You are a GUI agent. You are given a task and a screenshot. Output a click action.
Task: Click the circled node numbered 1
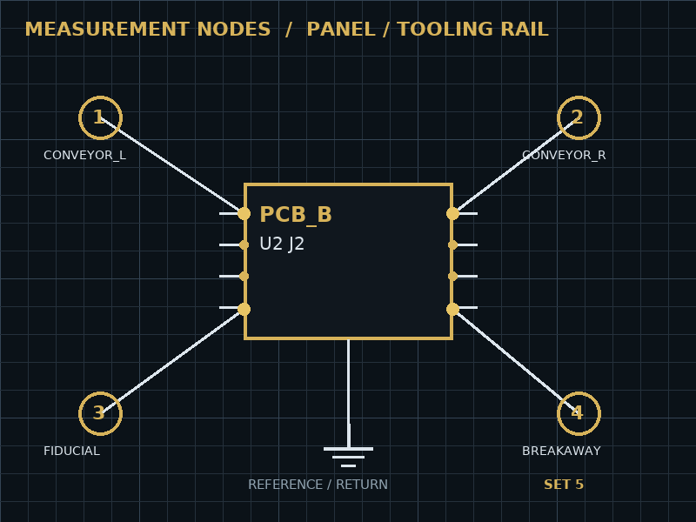pos(100,117)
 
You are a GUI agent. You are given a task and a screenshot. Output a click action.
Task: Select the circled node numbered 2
pos(579,117)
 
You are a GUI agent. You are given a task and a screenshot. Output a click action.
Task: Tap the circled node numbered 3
pos(100,414)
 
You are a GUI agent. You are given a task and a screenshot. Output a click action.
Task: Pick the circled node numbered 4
pos(579,414)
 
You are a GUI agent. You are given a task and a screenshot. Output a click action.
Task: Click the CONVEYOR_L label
pos(84,156)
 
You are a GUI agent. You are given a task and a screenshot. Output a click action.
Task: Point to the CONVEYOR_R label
pos(564,156)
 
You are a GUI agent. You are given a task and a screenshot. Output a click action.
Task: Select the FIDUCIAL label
pos(71,451)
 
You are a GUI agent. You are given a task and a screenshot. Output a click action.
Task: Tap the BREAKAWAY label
pos(561,451)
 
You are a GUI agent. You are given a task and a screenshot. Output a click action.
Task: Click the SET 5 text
pos(564,485)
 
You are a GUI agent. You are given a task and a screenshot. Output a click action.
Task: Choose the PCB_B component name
pos(296,215)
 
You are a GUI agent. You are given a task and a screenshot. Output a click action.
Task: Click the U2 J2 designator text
pos(282,244)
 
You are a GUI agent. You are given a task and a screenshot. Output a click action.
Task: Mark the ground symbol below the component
pos(349,458)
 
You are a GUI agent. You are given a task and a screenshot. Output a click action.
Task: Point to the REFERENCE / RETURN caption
pos(318,485)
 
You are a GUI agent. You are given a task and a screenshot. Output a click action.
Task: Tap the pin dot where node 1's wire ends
pos(244,213)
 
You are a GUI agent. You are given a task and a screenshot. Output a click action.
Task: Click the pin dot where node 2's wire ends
pos(452,213)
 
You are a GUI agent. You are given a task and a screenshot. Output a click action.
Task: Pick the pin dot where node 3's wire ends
pos(244,309)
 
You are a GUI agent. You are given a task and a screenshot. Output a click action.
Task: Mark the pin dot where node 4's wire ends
pos(452,309)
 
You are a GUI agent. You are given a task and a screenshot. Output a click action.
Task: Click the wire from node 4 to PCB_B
pos(516,361)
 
